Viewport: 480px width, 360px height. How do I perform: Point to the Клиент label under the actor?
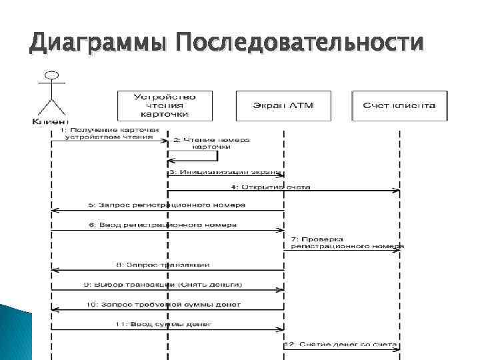click(49, 121)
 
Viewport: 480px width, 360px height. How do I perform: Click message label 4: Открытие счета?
click(271, 187)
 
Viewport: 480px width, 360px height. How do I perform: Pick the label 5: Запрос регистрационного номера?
click(167, 205)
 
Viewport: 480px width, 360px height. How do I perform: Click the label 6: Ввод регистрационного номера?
click(167, 225)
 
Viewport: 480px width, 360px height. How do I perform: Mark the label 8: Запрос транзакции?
click(163, 265)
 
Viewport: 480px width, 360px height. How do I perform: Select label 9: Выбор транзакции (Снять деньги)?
click(163, 285)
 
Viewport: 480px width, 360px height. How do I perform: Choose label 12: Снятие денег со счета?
click(341, 345)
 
